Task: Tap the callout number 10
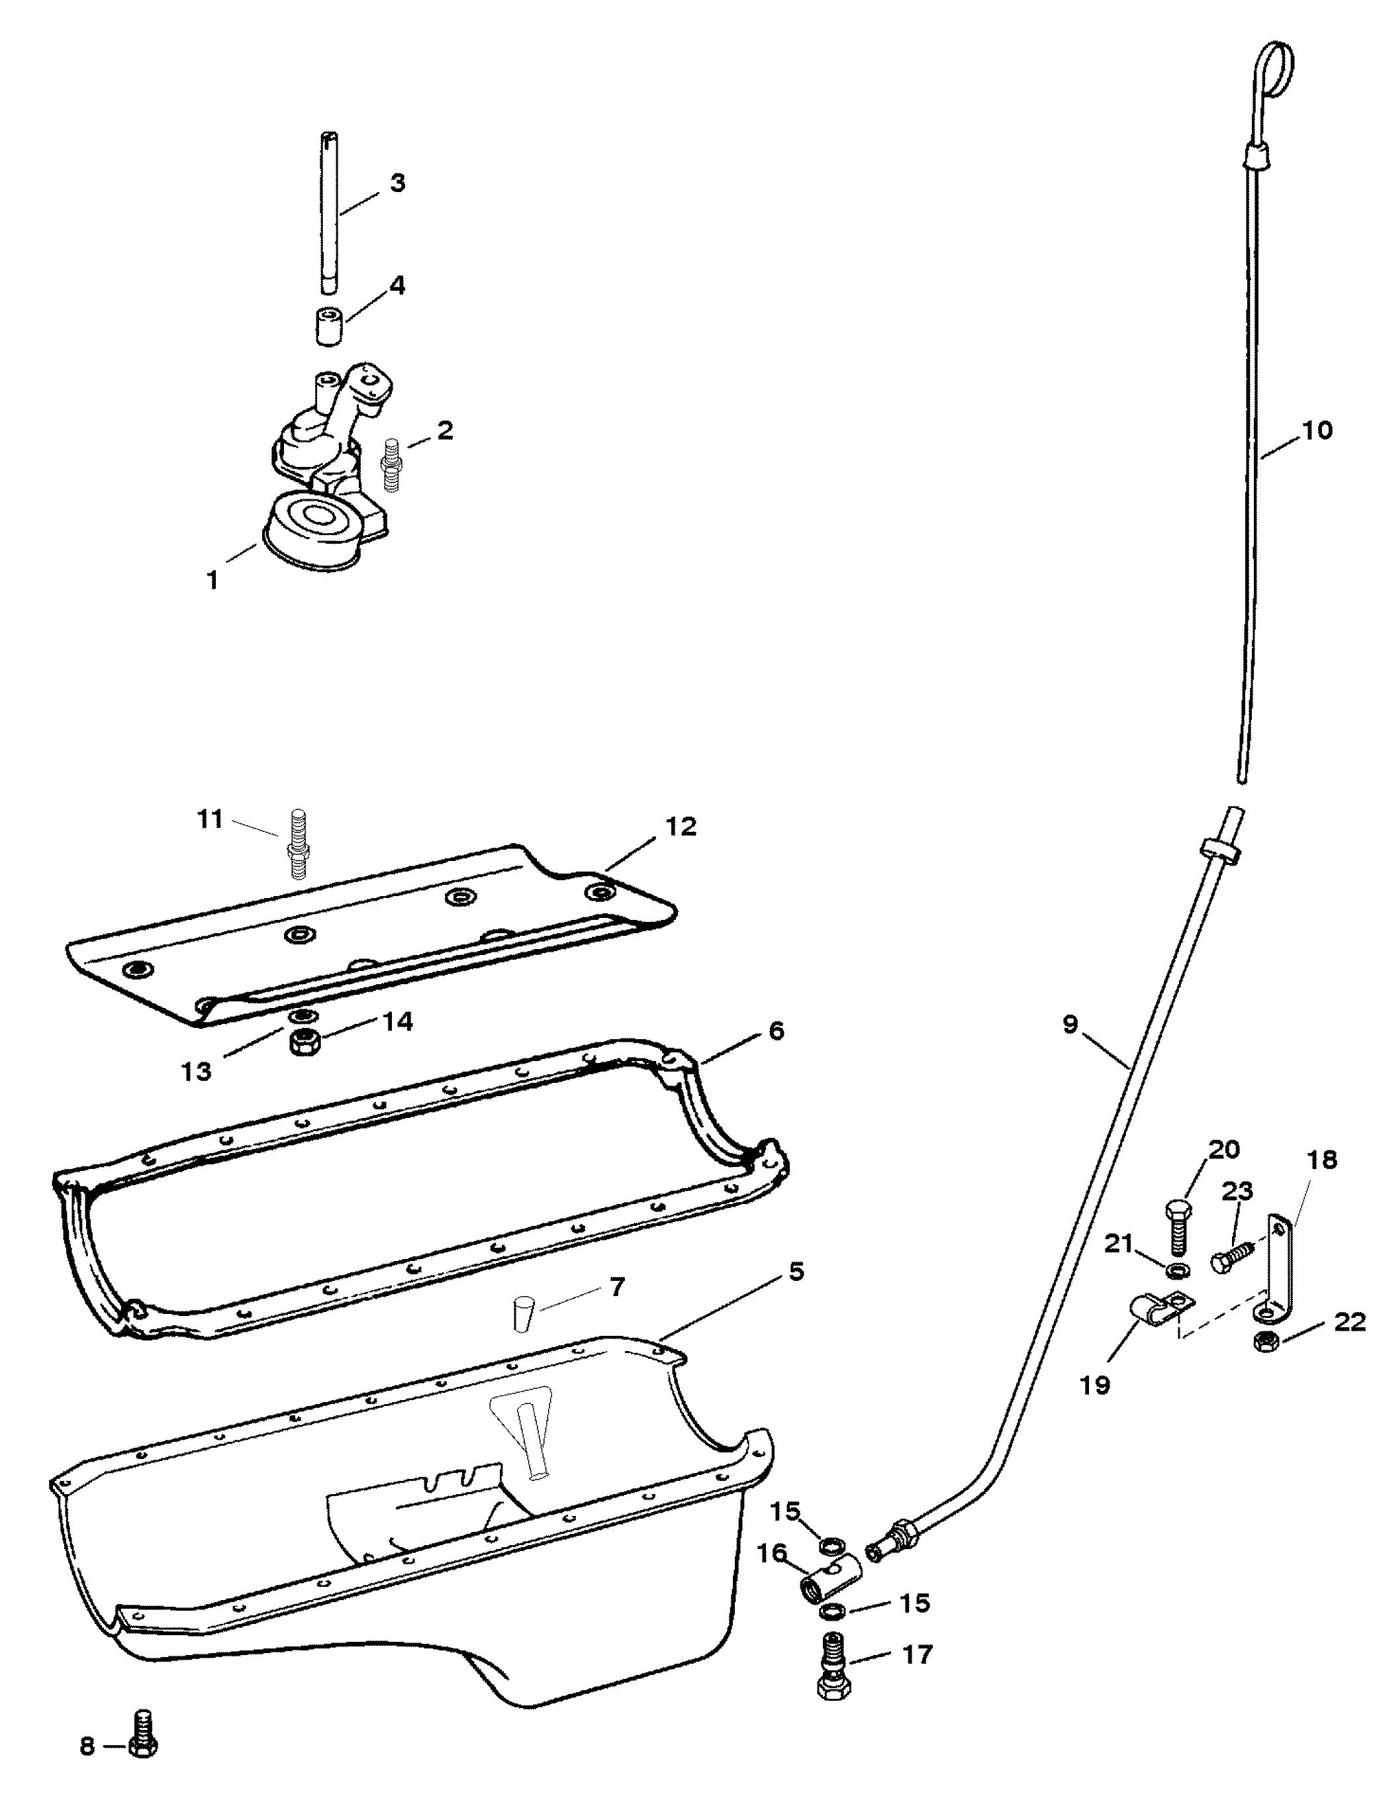point(1317,430)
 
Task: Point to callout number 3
point(397,182)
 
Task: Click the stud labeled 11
point(297,845)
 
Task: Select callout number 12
point(681,826)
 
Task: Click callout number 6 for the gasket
point(776,1031)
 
